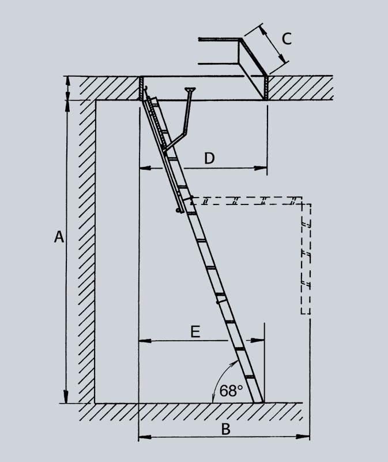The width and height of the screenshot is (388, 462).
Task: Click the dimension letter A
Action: tap(59, 237)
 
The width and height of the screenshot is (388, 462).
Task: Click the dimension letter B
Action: tap(225, 429)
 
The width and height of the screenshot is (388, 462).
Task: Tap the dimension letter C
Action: tap(287, 39)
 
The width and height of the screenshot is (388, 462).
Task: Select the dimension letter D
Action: tap(209, 158)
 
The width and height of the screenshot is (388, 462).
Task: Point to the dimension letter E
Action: tap(195, 331)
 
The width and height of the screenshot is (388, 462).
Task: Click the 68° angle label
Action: tap(231, 391)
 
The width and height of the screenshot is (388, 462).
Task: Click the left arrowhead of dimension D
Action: tap(145, 168)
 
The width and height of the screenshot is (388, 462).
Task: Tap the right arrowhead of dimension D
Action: tap(261, 168)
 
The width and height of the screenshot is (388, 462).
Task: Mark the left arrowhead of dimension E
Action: tap(145, 341)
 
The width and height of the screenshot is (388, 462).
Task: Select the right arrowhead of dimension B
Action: tap(303, 437)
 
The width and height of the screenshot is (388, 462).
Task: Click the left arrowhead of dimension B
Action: tap(145, 437)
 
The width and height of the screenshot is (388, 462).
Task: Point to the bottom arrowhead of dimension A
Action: tap(66, 397)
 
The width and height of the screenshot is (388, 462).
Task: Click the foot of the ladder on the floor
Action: tap(258, 402)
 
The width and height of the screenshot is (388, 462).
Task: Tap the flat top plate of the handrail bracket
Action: tap(190, 89)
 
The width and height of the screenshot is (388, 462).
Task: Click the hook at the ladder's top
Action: tap(145, 88)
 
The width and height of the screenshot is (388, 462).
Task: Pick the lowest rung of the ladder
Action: tap(250, 377)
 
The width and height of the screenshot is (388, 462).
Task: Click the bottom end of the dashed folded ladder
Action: tap(306, 313)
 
